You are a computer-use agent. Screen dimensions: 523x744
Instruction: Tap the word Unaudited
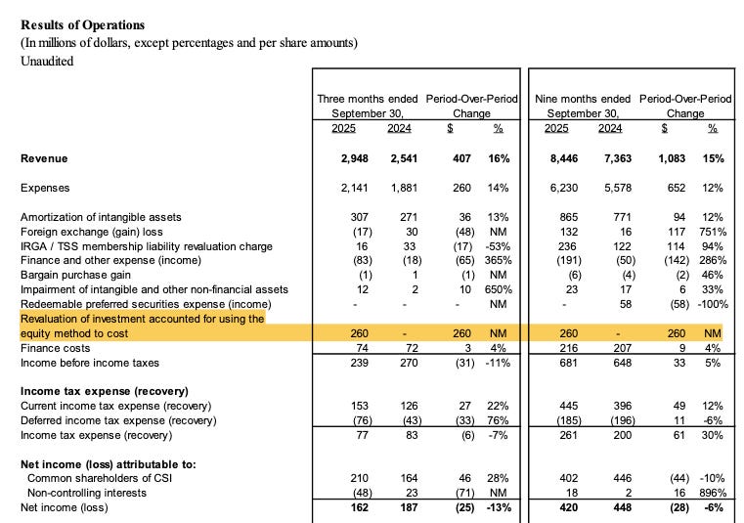point(46,61)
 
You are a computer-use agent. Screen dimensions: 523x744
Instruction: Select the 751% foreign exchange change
point(713,232)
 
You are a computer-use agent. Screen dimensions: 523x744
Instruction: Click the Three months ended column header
point(367,99)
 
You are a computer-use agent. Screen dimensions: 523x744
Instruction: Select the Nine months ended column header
point(584,99)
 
